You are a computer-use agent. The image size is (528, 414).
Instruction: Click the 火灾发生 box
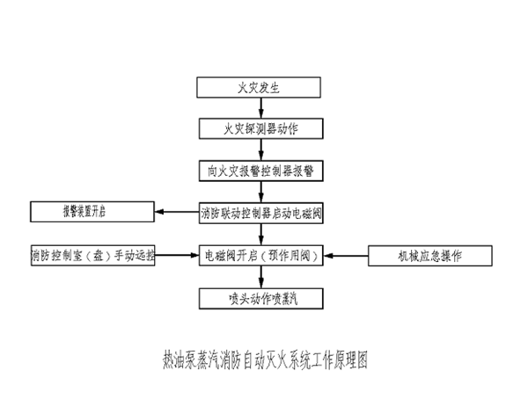[258, 88]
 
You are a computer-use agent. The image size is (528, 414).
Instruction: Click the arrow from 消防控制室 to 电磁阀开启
[176, 256]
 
